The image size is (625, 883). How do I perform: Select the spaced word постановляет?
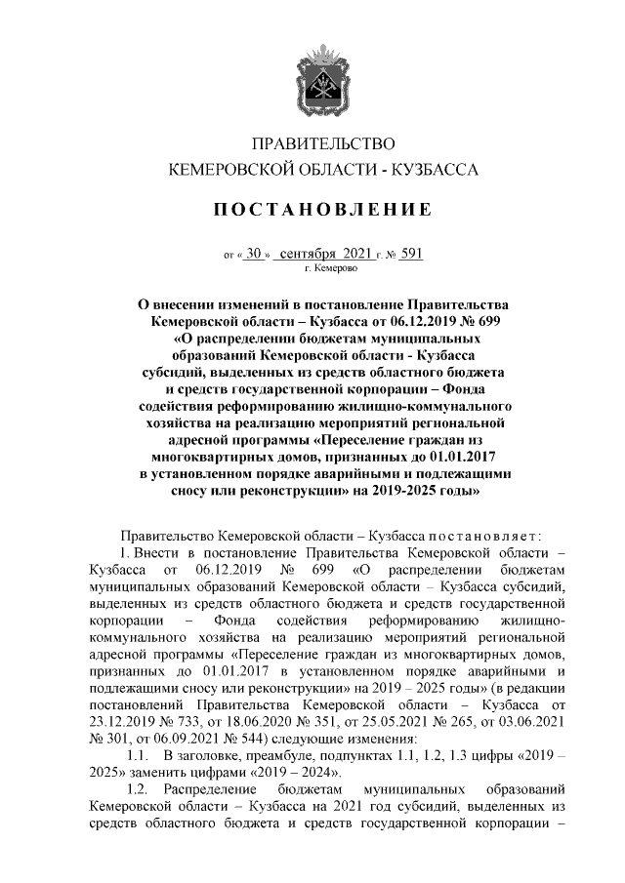(474, 537)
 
